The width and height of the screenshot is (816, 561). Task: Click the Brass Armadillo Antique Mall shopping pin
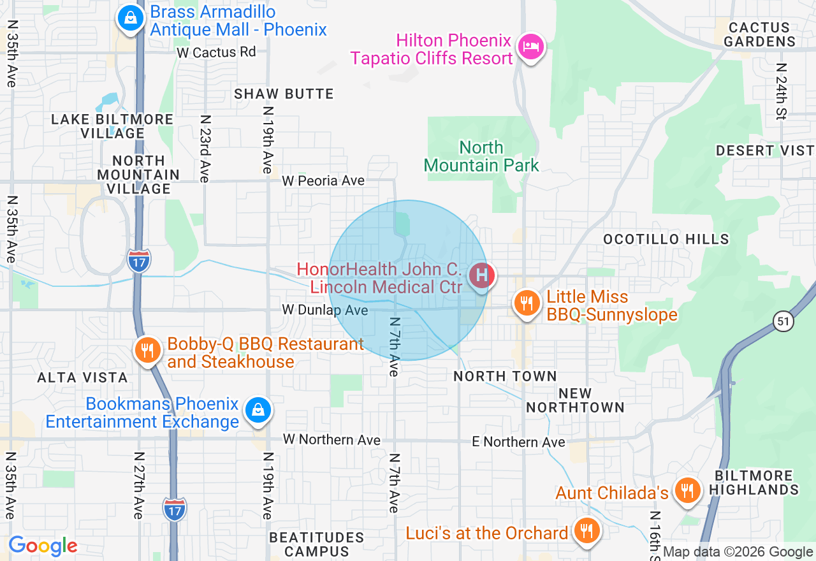click(131, 18)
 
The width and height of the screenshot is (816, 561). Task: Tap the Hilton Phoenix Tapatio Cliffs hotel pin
click(531, 46)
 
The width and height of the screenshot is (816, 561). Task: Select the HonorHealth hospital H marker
click(482, 276)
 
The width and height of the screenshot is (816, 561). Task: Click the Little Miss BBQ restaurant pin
click(527, 303)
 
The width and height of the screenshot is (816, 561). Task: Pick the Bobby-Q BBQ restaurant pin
click(147, 349)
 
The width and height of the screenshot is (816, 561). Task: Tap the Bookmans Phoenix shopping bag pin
click(258, 410)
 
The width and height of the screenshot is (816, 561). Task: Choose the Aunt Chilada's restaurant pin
click(687, 490)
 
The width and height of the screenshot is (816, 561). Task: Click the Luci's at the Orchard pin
click(585, 530)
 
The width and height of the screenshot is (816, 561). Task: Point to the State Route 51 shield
click(784, 322)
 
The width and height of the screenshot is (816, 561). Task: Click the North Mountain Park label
click(481, 157)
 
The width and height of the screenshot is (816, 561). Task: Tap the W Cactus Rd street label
click(216, 52)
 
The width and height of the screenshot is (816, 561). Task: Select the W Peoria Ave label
click(323, 181)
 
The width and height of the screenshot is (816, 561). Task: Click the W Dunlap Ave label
click(325, 310)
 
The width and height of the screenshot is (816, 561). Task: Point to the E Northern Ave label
click(518, 442)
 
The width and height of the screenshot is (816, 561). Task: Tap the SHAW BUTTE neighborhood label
click(284, 94)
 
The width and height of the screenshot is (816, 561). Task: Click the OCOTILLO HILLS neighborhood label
click(666, 239)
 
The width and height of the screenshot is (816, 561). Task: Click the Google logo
click(43, 546)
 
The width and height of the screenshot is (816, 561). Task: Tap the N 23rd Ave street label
click(205, 149)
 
